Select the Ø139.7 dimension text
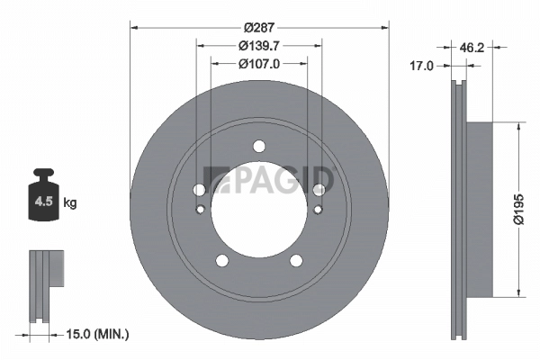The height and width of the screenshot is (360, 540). pyautogui.click(x=258, y=46)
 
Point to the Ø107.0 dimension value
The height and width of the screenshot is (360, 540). pyautogui.click(x=258, y=64)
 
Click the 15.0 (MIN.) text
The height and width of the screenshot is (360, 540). pyautogui.click(x=99, y=334)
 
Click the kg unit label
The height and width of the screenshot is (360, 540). pyautogui.click(x=70, y=202)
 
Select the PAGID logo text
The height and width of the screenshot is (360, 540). pyautogui.click(x=269, y=180)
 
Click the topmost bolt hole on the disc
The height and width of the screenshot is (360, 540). pyautogui.click(x=259, y=147)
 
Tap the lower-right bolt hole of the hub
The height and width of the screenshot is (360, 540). pyautogui.click(x=296, y=260)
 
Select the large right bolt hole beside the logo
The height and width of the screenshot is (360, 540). pyautogui.click(x=319, y=189)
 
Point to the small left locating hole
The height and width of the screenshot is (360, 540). pyautogui.click(x=200, y=211)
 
